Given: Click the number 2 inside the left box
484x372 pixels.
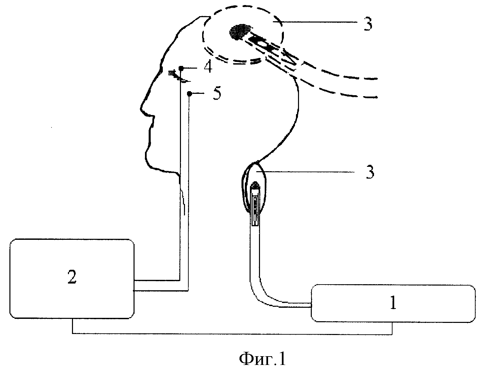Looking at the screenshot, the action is [72, 277].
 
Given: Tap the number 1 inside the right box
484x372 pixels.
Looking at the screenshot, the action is [393, 302].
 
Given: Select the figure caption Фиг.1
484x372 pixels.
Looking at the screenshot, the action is [263, 359].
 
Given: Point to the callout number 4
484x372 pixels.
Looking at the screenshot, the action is [208, 67].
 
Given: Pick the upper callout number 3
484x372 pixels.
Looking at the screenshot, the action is [368, 24].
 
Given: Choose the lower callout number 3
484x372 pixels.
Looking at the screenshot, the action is [370, 172].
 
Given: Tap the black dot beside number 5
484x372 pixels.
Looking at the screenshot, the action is [189, 94].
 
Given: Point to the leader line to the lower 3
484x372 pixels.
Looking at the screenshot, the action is [305, 172].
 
